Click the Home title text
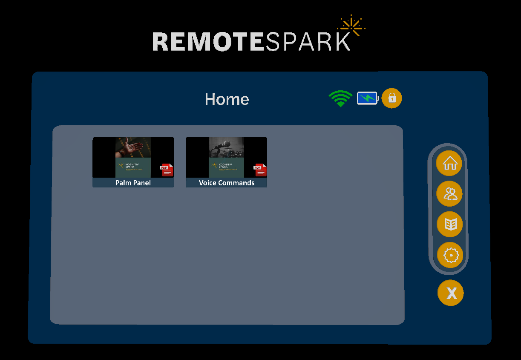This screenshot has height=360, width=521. click(x=227, y=99)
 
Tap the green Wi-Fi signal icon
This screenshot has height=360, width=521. click(x=340, y=98)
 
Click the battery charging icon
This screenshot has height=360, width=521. click(x=367, y=98)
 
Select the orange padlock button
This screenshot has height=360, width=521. click(x=392, y=98)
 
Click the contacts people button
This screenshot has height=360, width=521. click(x=450, y=194)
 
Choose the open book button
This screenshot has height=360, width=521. click(x=450, y=224)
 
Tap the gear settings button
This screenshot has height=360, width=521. click(x=450, y=255)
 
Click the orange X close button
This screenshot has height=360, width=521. click(x=451, y=293)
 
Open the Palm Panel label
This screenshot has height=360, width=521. click(x=133, y=183)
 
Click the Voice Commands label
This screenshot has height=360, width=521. click(x=226, y=183)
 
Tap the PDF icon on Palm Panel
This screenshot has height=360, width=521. click(x=167, y=170)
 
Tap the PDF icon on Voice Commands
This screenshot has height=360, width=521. click(x=260, y=170)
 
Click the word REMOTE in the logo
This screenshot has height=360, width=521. click(x=209, y=42)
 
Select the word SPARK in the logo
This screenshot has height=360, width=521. click(x=308, y=42)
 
